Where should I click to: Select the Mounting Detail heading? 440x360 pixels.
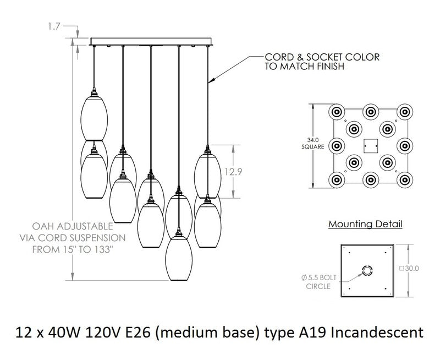click(365, 225)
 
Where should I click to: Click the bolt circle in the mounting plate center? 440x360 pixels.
click(367, 270)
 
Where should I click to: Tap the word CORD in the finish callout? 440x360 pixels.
click(277, 57)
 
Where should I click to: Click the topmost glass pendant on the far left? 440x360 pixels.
click(94, 116)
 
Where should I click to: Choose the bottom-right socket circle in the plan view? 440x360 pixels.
click(405, 180)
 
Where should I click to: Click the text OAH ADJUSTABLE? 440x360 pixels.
click(73, 226)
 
